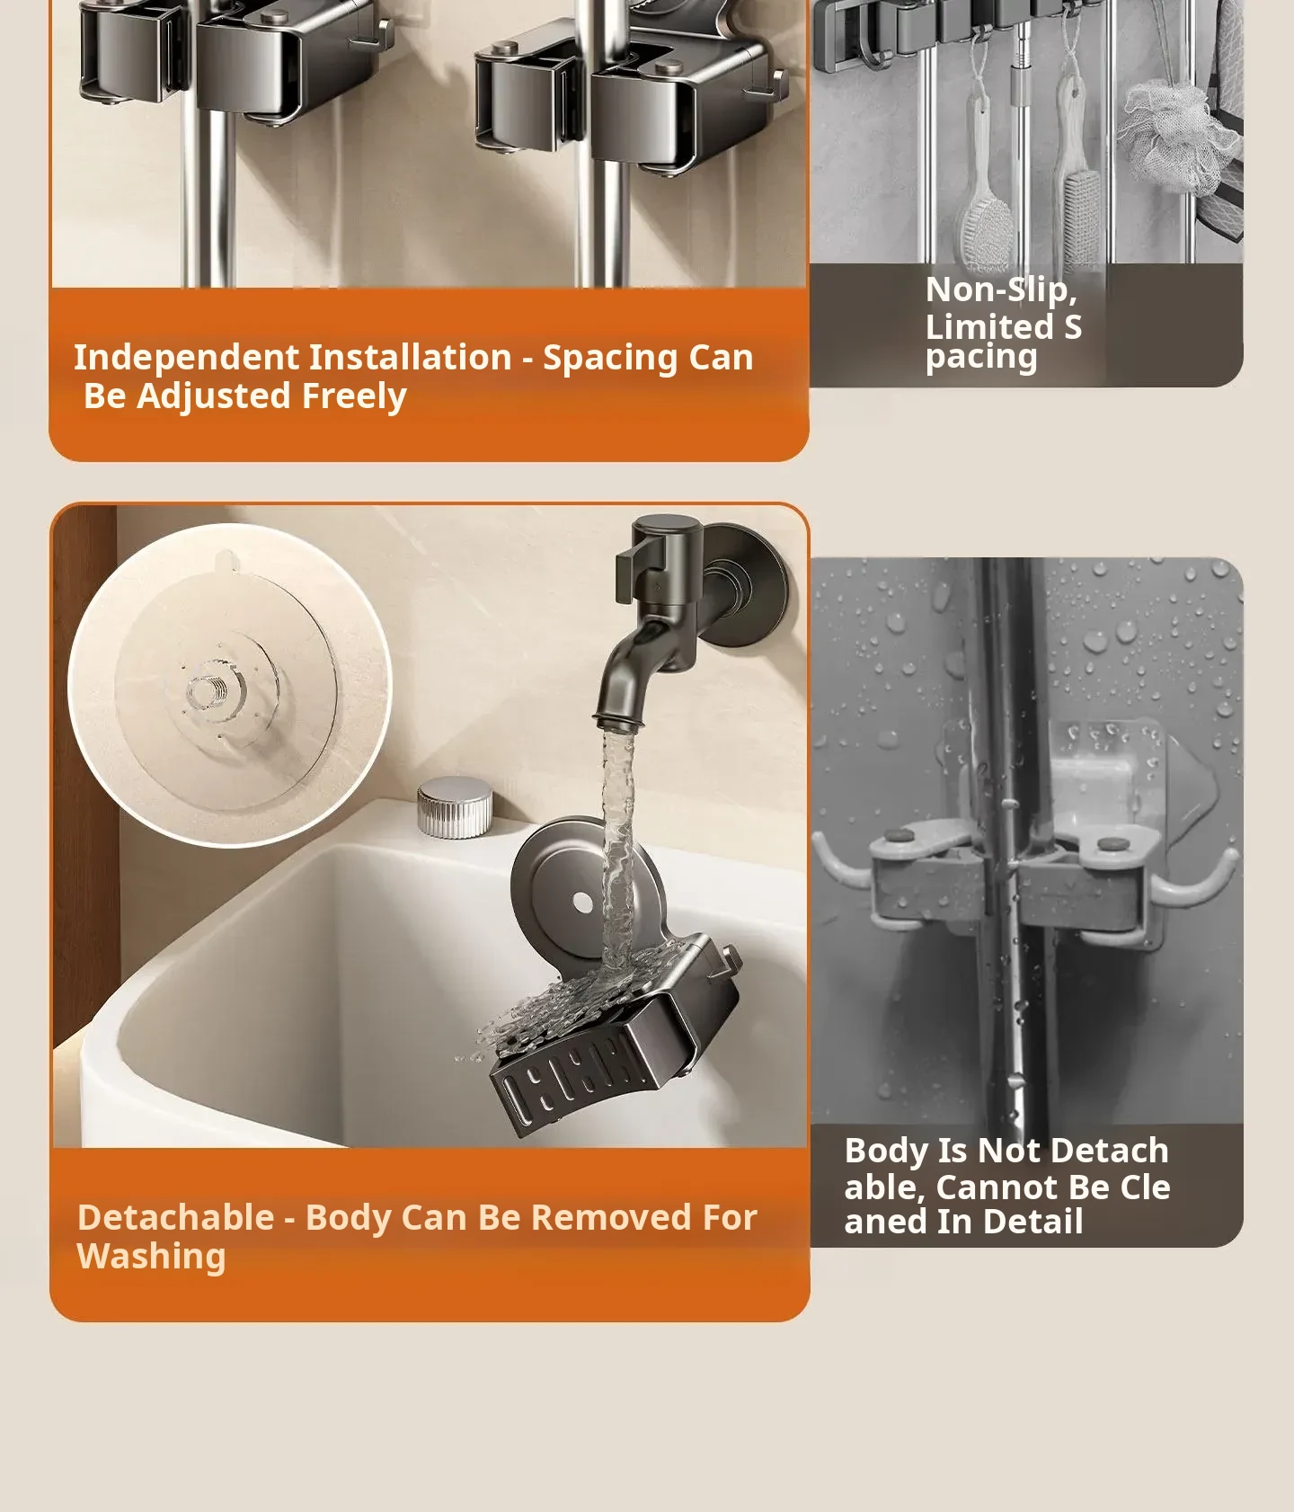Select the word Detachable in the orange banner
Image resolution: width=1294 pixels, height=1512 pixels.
coord(175,1217)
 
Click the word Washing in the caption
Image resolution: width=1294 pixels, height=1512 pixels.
coord(151,1257)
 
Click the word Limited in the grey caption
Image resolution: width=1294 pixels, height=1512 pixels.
coord(989,326)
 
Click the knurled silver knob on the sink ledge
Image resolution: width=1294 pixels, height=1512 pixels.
coord(455,806)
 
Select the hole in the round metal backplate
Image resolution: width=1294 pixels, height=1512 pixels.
coord(582,903)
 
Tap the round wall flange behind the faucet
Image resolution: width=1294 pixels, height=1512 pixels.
coord(747,584)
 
